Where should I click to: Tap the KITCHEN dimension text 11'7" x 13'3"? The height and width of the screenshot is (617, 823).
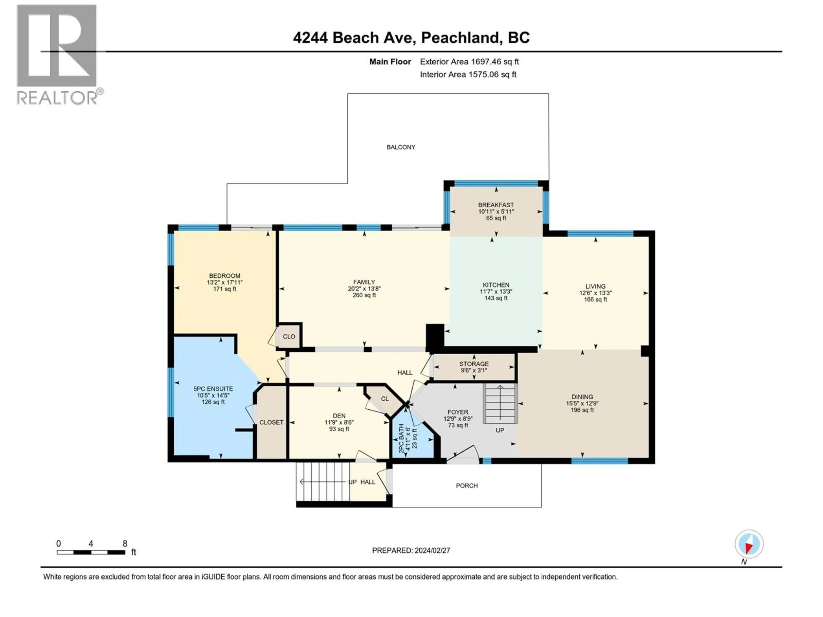point(496,292)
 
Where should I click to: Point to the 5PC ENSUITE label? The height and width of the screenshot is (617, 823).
point(213,389)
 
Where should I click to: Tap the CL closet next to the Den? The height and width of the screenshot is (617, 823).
point(385,399)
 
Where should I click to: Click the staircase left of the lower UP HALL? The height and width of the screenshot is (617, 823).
point(322,482)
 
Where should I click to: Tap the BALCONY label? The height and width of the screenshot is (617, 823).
point(401,147)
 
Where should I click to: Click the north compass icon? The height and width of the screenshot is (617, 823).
point(749,544)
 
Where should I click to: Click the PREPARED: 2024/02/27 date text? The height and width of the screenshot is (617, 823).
point(411,550)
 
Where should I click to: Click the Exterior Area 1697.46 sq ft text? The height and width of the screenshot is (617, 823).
point(469,62)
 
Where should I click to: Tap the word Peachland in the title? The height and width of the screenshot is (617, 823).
point(460,37)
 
